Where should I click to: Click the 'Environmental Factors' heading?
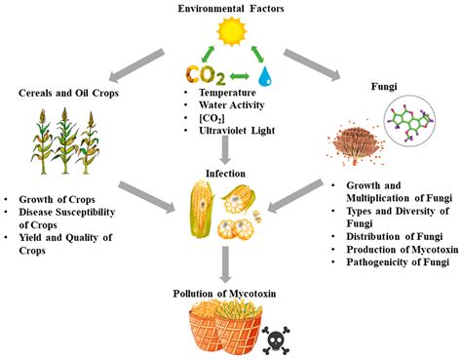(x=231, y=9)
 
